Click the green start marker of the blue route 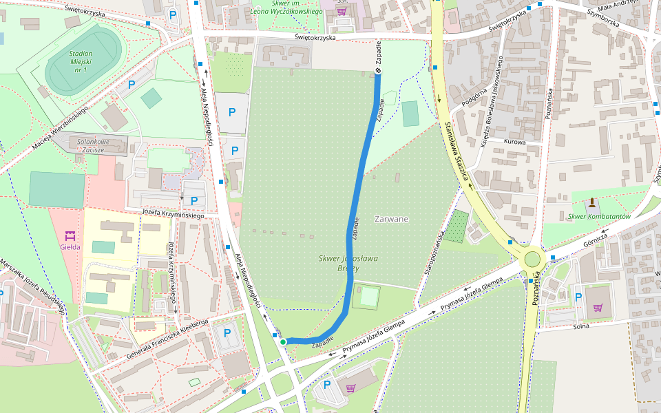[x=283, y=341]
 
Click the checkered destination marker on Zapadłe [x=378, y=72]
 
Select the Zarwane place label [x=391, y=219]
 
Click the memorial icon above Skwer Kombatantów [x=591, y=202]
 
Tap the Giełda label [x=70, y=246]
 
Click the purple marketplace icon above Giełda [x=70, y=235]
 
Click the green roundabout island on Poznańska [x=532, y=259]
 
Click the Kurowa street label [x=515, y=142]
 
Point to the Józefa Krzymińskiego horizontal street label [x=174, y=214]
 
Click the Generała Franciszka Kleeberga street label [x=167, y=339]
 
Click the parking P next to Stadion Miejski [x=131, y=85]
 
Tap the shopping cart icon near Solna [x=597, y=307]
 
